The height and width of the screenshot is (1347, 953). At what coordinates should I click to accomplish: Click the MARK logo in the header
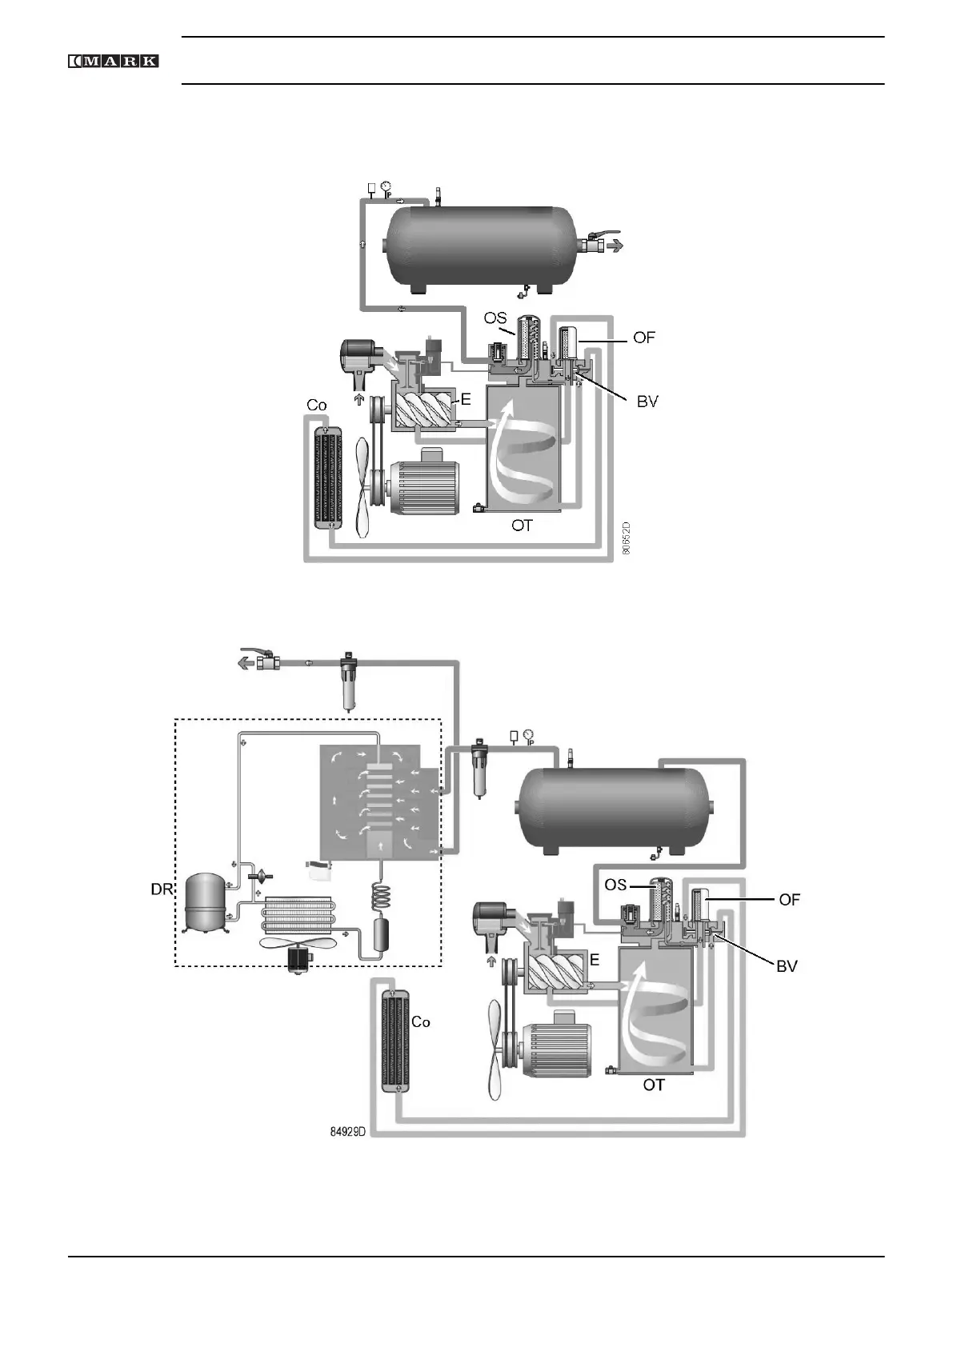click(x=113, y=61)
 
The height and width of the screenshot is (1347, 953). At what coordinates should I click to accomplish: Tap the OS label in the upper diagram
click(x=495, y=318)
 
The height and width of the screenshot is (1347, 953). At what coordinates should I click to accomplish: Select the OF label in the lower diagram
click(x=789, y=900)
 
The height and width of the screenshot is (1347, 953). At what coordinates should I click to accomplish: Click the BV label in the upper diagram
click(x=647, y=402)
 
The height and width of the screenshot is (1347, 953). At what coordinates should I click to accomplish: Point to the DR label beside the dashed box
click(x=162, y=889)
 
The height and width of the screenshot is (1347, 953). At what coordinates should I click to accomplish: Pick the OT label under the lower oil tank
click(x=654, y=1085)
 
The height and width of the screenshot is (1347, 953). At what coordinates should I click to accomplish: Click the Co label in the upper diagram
click(x=317, y=406)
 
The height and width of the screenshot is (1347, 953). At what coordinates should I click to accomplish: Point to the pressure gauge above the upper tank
click(x=386, y=188)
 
